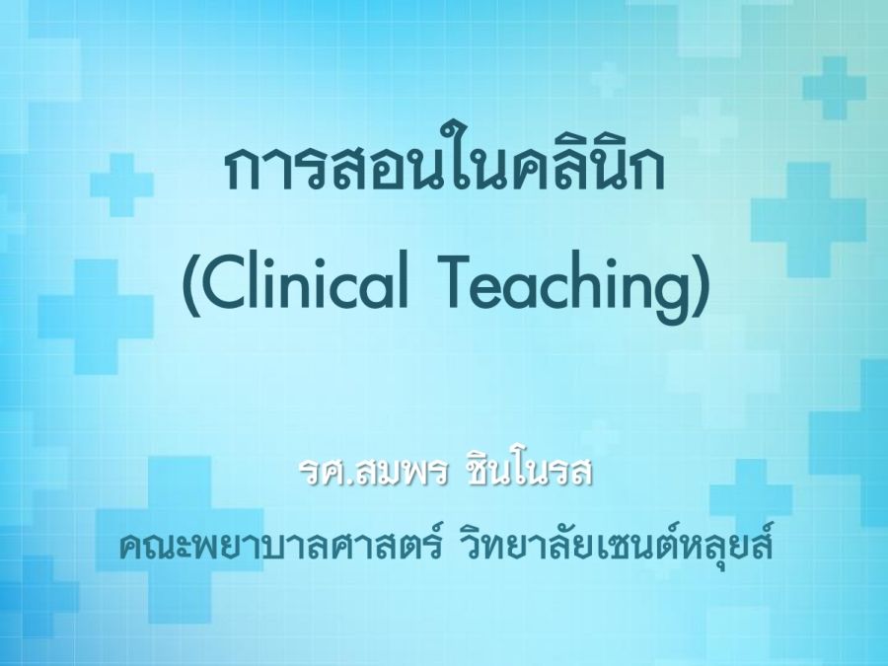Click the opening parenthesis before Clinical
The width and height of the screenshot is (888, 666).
[189, 285]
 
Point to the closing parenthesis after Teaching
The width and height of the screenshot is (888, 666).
[702, 285]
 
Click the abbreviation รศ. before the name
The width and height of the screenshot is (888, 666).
[324, 474]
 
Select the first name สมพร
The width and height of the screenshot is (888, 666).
[397, 474]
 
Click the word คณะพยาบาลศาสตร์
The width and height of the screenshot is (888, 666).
[280, 546]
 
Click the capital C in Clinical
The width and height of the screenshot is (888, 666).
[224, 282]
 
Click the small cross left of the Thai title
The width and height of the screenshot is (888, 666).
[121, 185]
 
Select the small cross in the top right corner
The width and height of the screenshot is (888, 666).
[834, 88]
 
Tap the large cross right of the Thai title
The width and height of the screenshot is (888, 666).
[809, 220]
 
